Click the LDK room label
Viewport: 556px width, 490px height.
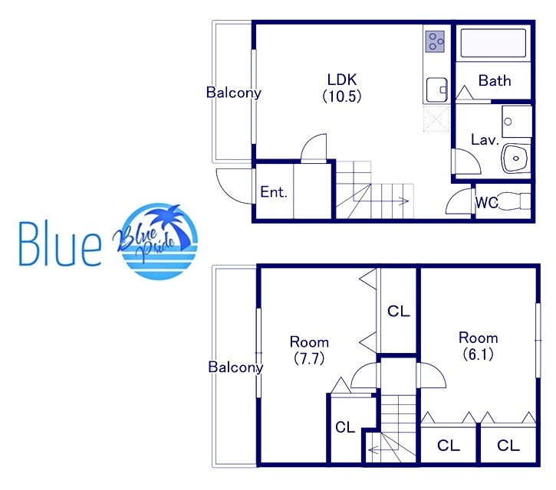(342, 88)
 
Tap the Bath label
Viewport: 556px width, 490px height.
(495, 80)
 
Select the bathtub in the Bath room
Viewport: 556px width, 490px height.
(493, 43)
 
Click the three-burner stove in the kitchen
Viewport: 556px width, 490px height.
(435, 41)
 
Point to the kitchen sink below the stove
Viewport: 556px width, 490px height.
(436, 90)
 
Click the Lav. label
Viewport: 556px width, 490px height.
(485, 140)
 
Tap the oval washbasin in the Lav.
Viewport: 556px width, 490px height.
(515, 158)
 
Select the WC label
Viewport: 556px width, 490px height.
(486, 203)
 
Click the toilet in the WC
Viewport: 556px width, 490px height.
(514, 201)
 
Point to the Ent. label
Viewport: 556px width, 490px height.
(273, 192)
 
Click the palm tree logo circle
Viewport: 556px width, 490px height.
(160, 241)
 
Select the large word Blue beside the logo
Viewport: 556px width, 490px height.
(60, 244)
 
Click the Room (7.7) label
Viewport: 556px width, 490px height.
(309, 350)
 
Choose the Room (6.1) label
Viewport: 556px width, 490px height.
(479, 345)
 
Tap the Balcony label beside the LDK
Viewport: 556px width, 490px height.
(234, 93)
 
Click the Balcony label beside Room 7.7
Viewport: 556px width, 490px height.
(235, 367)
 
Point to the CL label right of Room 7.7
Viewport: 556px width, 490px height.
(399, 311)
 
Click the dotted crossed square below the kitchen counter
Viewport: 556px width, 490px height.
(436, 119)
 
